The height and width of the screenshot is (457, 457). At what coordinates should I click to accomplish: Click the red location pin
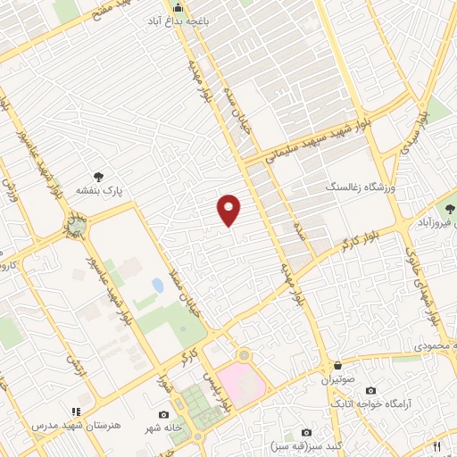tap(229, 210)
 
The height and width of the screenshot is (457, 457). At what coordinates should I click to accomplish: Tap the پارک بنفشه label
tap(122, 190)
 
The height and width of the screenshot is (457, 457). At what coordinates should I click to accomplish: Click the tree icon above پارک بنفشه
tap(99, 178)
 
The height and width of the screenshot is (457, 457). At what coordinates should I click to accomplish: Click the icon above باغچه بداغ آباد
tap(178, 12)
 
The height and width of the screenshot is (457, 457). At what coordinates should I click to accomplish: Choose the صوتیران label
tap(338, 378)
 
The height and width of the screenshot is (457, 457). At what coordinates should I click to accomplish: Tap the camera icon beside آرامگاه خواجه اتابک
tap(370, 391)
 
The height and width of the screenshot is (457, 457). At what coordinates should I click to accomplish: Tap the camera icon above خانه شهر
tap(163, 415)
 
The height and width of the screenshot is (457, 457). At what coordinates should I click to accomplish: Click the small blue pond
tap(158, 286)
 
